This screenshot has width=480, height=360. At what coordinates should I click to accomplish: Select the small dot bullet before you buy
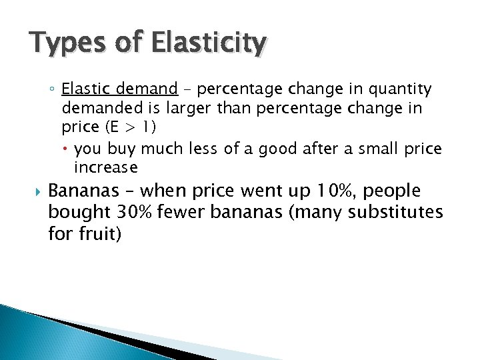tap(68, 149)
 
